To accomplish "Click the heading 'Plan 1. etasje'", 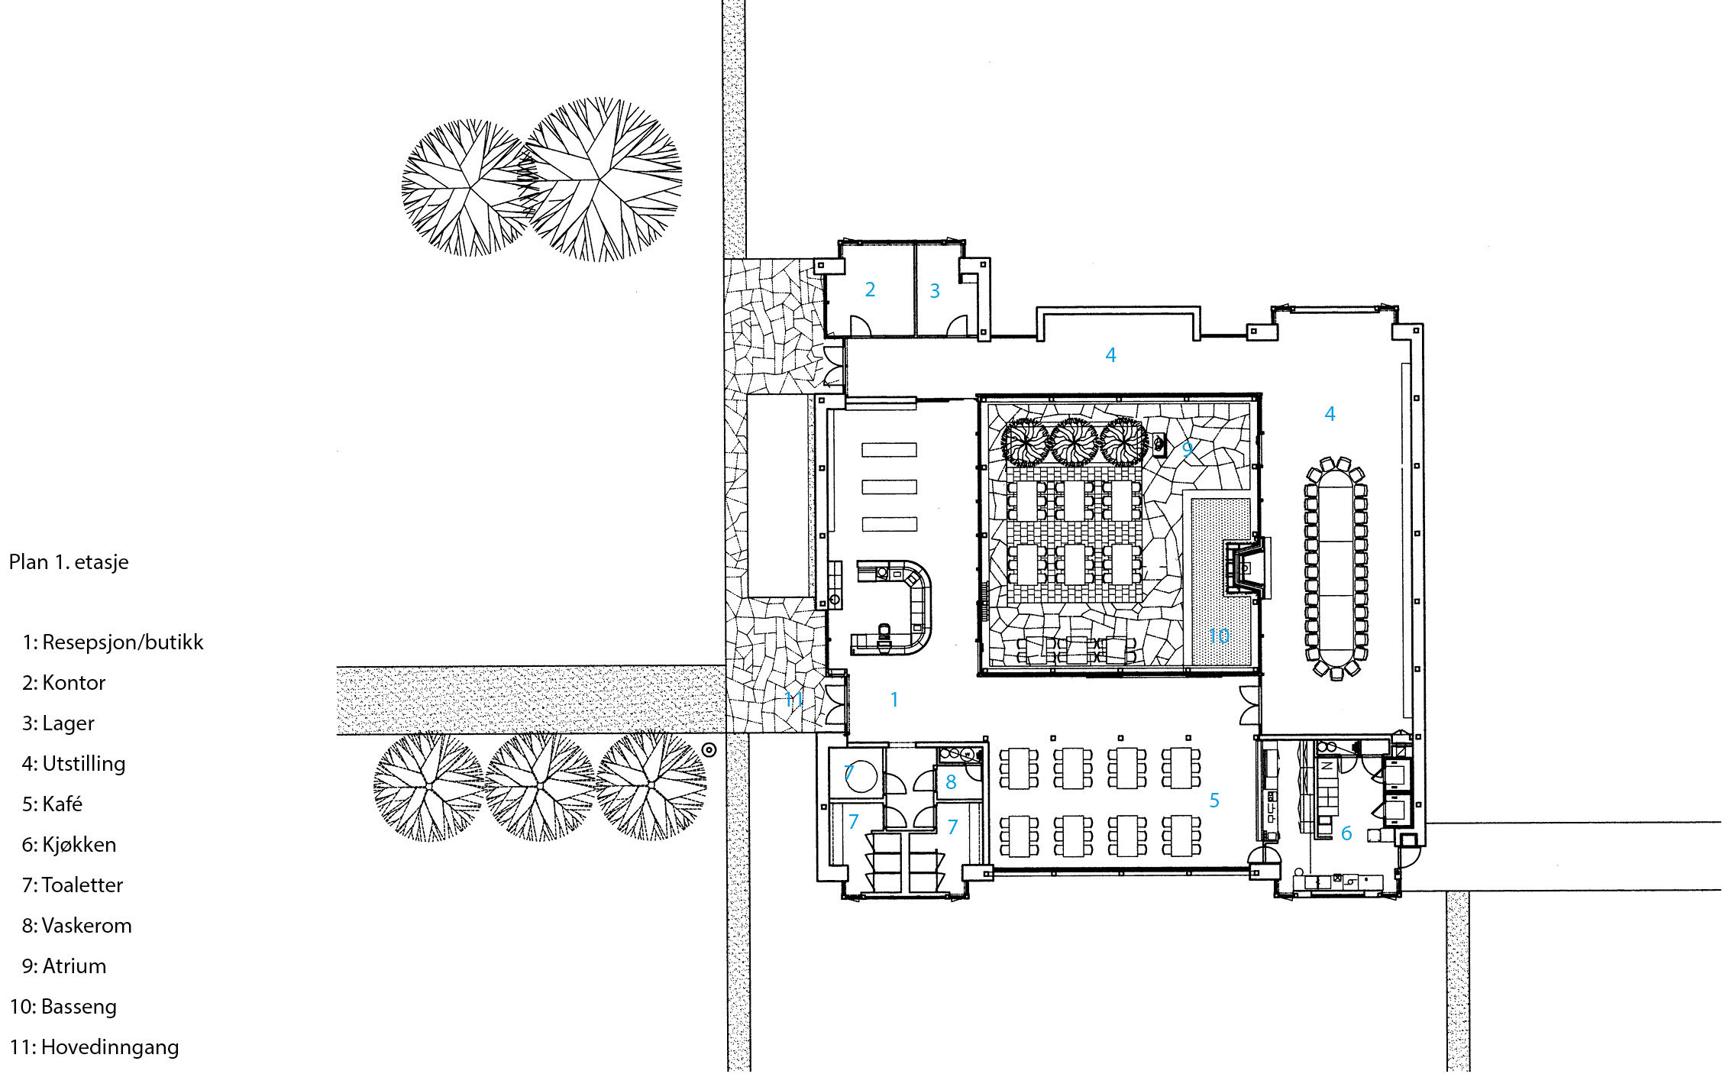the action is [x=69, y=562].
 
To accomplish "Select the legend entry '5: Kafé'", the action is [x=52, y=804].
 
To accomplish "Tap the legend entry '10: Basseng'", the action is [x=63, y=1006].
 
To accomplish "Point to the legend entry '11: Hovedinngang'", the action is [x=94, y=1047].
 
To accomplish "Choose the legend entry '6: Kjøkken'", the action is [x=69, y=844].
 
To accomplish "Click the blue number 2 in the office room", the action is [x=870, y=290].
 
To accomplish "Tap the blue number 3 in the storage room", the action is [x=935, y=291].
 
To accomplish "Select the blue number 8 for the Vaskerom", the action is [x=951, y=782].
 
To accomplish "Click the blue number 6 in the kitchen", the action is [x=1346, y=833].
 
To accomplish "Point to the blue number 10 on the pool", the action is [x=1219, y=636].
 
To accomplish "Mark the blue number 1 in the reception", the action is [x=894, y=699].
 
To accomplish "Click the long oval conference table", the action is [x=1336, y=566].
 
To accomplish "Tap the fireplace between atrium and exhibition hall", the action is [x=1246, y=568].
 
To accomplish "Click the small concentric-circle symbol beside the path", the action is [x=709, y=750].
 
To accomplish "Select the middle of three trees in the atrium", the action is [x=1075, y=442].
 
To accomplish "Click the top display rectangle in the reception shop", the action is [x=889, y=450].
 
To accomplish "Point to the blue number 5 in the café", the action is [x=1214, y=801].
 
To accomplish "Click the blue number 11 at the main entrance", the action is [x=793, y=699].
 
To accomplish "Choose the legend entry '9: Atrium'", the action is [x=64, y=966].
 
